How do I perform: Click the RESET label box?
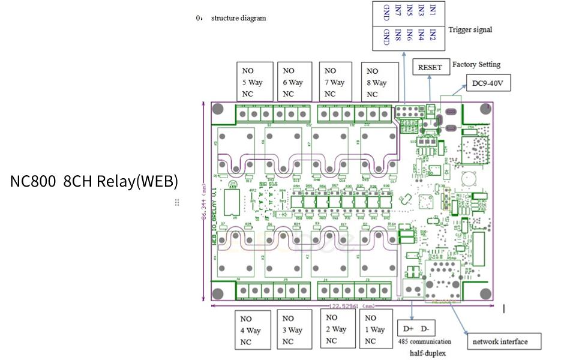pos(430,67)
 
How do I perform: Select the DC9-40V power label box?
pos(488,84)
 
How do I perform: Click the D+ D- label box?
pos(416,329)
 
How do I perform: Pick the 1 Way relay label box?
pos(375,329)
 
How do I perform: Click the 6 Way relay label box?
pos(294,82)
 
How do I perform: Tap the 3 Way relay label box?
pos(293,330)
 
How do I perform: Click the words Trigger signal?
pos(470,29)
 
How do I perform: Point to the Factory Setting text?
pos(476,64)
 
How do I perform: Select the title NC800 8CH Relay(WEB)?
pos(94,181)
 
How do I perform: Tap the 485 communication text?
pos(425,342)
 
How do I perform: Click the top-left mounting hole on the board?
pos(218,109)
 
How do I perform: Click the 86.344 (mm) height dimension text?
pos(205,201)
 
